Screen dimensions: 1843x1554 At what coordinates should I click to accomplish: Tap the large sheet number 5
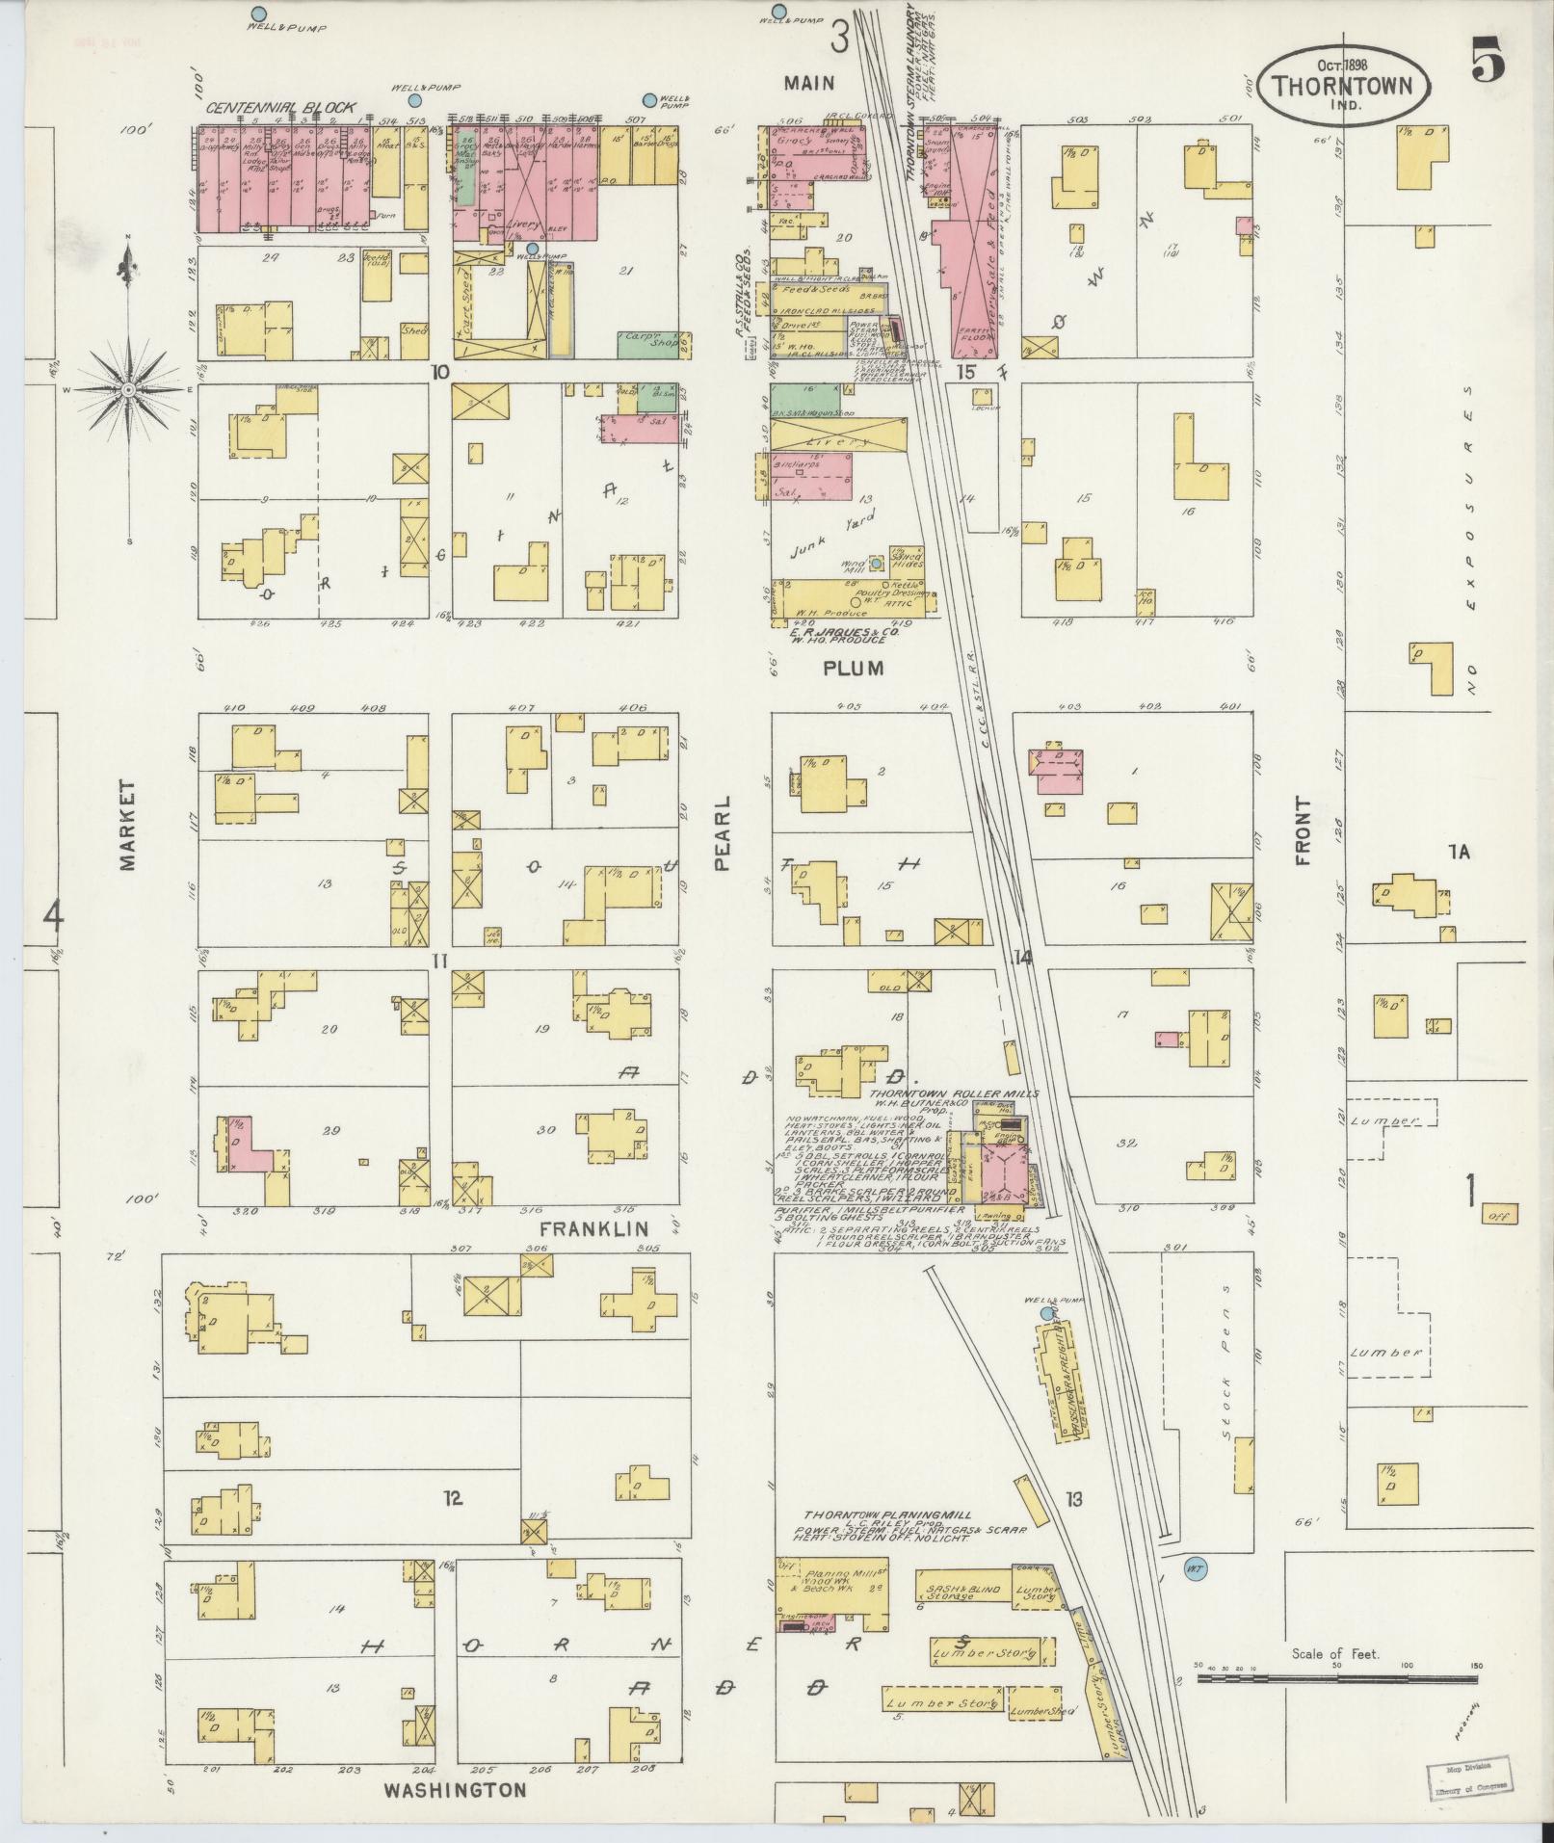[1488, 60]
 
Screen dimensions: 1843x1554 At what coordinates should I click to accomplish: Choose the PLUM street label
[853, 667]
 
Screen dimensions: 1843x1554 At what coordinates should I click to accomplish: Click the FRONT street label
[1304, 831]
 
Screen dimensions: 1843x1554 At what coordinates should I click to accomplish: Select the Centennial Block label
[280, 108]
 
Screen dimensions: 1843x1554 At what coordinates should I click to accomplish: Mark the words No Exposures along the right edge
[1468, 540]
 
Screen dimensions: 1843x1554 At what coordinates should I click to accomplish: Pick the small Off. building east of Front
[1499, 1215]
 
